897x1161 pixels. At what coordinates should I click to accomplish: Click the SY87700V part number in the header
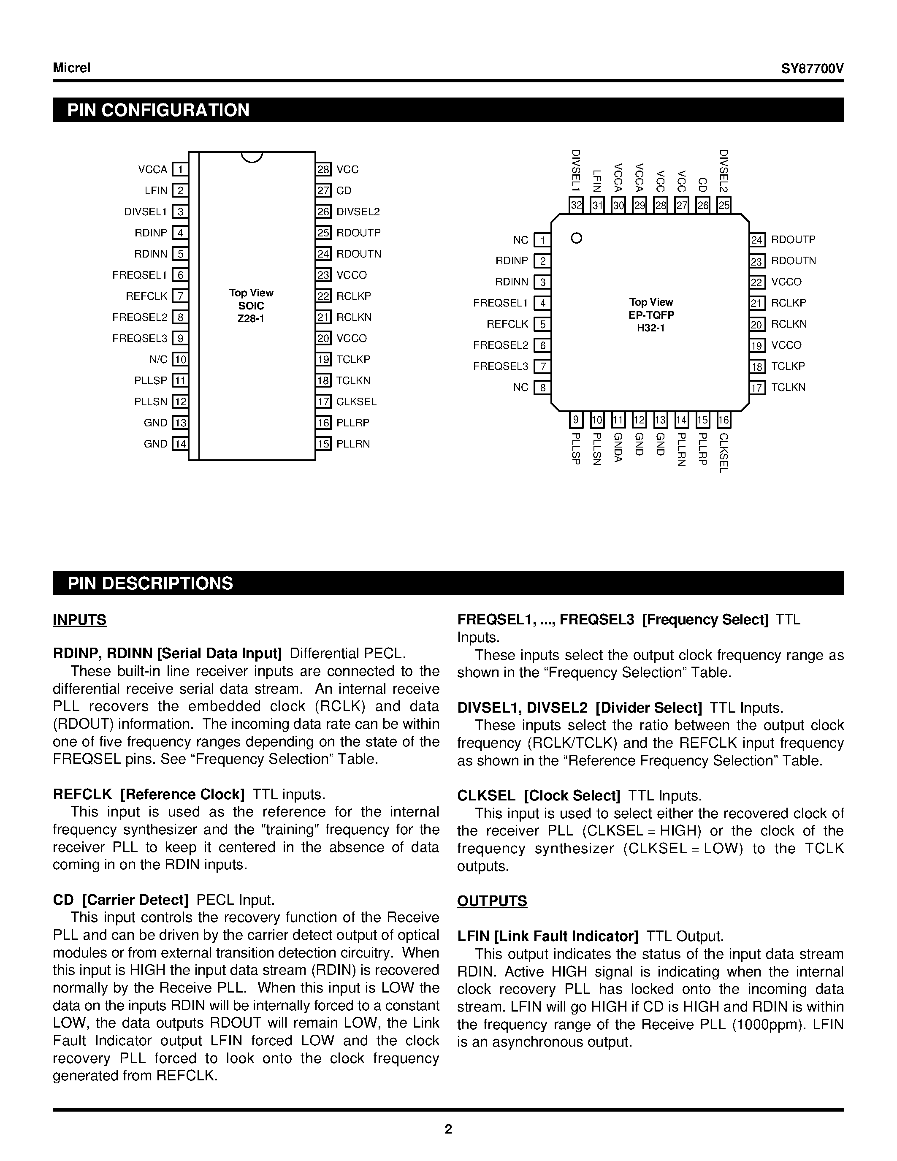tap(812, 68)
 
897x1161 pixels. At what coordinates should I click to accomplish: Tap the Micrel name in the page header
tap(72, 68)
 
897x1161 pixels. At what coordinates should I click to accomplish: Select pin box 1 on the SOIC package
tap(181, 170)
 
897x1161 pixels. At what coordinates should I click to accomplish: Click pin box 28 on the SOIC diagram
tap(323, 170)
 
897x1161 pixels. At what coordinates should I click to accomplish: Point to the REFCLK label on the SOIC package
tap(146, 296)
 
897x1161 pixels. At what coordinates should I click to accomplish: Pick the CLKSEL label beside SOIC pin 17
tap(356, 402)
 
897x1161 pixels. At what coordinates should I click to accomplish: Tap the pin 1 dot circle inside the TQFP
tap(577, 238)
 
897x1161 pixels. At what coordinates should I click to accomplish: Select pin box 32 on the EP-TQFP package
tap(576, 205)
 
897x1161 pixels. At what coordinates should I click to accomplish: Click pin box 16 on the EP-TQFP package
tap(723, 420)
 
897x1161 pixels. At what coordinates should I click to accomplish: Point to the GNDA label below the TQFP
tap(618, 448)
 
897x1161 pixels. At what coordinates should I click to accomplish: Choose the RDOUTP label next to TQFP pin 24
tap(793, 240)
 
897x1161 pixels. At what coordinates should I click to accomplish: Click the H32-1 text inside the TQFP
tap(651, 328)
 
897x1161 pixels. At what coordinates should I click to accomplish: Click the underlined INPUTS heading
tap(80, 620)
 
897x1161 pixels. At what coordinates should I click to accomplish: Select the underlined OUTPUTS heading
tap(492, 901)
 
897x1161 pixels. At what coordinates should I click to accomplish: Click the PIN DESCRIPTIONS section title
tap(150, 584)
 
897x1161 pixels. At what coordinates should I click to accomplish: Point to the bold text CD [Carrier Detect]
tap(121, 900)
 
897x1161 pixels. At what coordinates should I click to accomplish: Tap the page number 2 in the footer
tap(448, 1129)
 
